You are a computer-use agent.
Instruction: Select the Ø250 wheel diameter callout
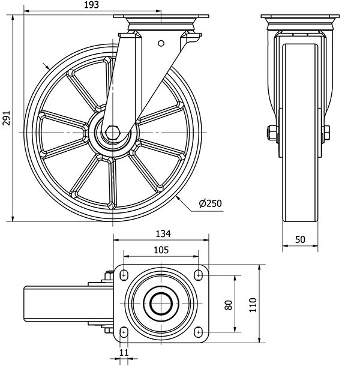click(x=210, y=203)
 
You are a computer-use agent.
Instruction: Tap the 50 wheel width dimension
click(x=301, y=239)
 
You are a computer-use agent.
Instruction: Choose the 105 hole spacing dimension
click(x=160, y=250)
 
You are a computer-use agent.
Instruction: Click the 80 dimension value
click(x=228, y=304)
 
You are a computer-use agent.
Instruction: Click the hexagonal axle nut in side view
click(x=113, y=133)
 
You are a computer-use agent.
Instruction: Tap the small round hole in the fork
click(x=161, y=43)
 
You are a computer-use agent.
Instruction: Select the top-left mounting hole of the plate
click(x=124, y=274)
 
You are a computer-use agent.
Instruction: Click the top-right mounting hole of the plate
click(x=199, y=274)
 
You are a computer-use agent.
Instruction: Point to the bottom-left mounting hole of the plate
click(x=124, y=332)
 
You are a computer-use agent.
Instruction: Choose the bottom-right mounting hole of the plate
click(x=199, y=332)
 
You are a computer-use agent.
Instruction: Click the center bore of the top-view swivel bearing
click(x=161, y=303)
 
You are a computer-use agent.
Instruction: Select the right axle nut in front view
click(x=326, y=133)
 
